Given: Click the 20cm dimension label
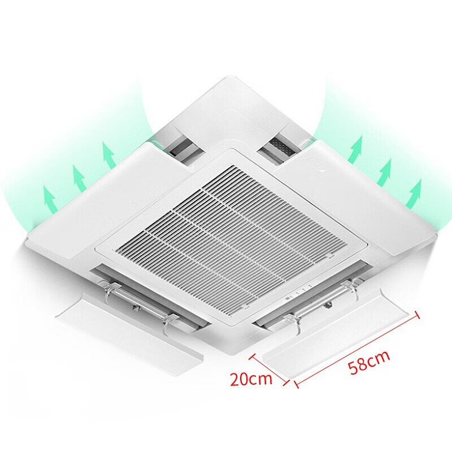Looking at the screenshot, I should tap(251, 378).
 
